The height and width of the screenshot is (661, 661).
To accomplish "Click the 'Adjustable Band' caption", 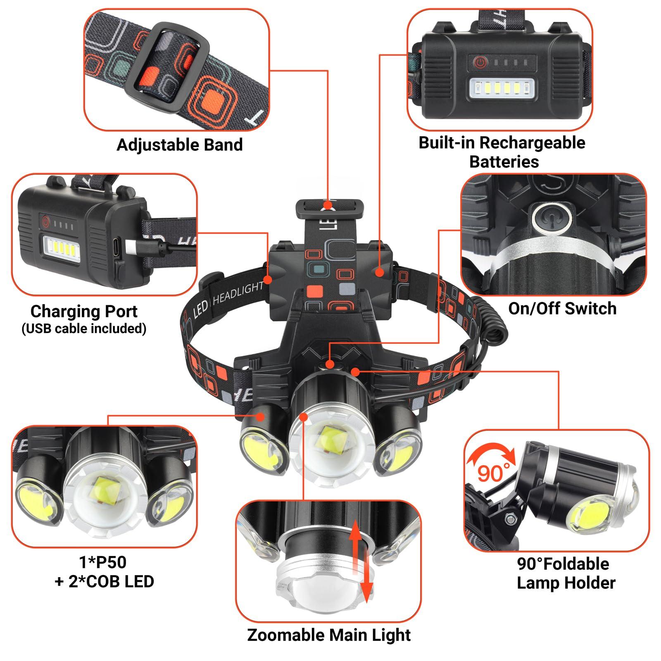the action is (180, 145).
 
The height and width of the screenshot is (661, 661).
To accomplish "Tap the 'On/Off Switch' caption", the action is (562, 309).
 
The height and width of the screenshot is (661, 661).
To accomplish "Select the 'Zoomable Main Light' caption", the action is (329, 635).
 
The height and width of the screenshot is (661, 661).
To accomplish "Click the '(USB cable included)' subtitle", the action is (84, 328).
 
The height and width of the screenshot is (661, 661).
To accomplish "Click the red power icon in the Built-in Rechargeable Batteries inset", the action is (479, 63).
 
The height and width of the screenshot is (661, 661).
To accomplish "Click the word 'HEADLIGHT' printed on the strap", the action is (238, 294).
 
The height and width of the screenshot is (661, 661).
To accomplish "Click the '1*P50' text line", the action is (103, 562).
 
